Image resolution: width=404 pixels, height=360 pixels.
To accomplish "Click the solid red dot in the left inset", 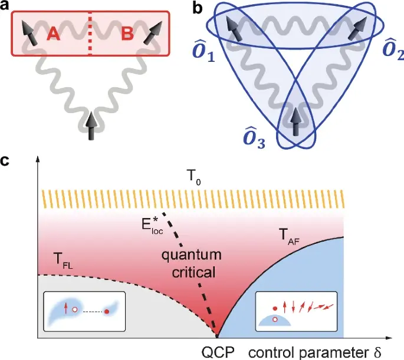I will coord(107,311).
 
